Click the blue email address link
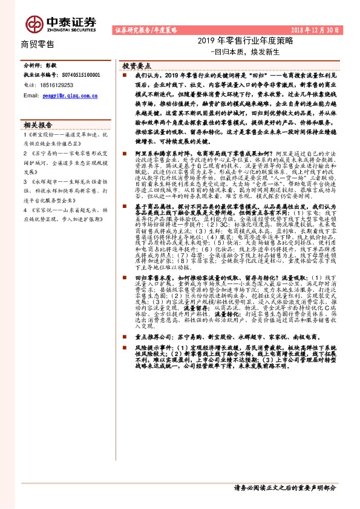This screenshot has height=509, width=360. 68,96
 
